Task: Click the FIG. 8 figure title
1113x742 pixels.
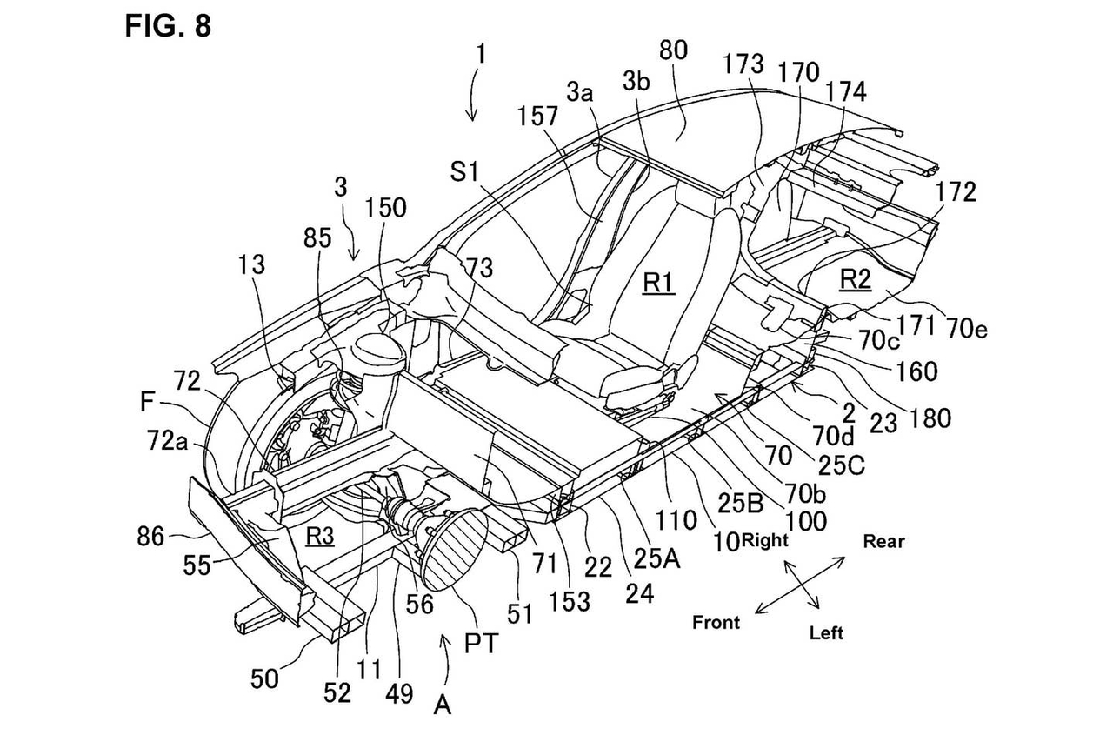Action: [x=168, y=26]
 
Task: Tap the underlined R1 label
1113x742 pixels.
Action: [x=659, y=284]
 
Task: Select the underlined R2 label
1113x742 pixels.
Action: [x=855, y=279]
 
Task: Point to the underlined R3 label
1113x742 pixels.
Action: [x=320, y=536]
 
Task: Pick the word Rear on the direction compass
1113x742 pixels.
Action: [x=884, y=541]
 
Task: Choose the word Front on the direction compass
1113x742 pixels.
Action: [x=716, y=622]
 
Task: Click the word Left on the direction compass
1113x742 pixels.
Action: [x=826, y=633]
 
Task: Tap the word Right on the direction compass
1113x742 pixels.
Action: [x=764, y=540]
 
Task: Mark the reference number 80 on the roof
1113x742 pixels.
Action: [x=673, y=50]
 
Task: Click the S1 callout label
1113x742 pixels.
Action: [x=464, y=172]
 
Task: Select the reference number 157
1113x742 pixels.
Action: [x=538, y=117]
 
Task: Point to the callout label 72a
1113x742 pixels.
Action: [x=168, y=440]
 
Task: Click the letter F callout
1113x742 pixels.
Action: [x=147, y=402]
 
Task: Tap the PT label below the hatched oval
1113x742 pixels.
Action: [x=481, y=644]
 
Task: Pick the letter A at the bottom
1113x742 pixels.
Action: [x=443, y=705]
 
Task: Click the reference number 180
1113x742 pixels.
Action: [x=930, y=418]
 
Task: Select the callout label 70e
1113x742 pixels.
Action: [x=967, y=329]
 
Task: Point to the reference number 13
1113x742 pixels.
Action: [x=251, y=265]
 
